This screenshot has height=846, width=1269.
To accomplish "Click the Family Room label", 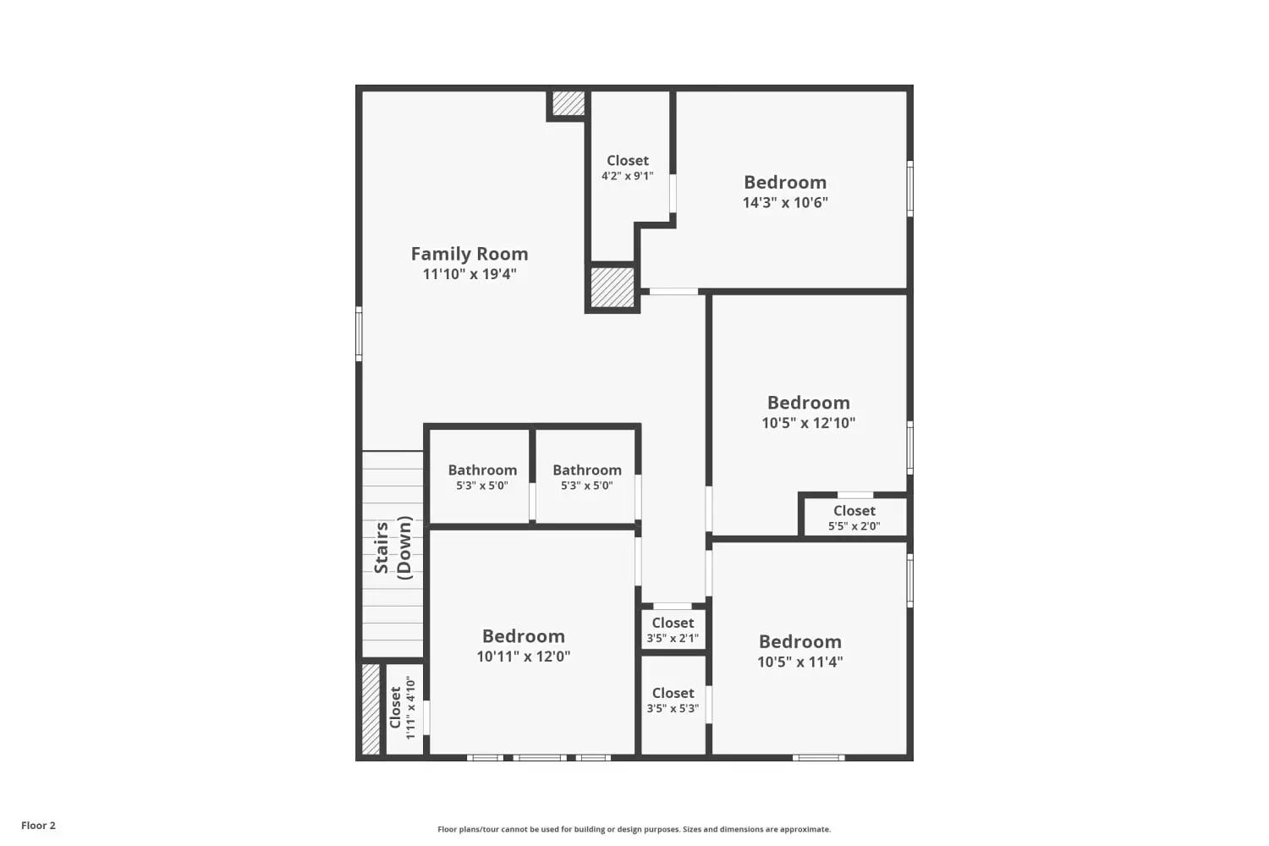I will tap(470, 254).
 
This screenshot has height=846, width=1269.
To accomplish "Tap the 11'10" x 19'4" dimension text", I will tap(470, 274).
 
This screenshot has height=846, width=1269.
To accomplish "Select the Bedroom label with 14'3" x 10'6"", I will tap(785, 182).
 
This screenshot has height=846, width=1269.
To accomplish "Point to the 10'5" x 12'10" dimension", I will tap(808, 423).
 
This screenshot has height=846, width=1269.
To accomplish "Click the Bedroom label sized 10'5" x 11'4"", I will tap(799, 641).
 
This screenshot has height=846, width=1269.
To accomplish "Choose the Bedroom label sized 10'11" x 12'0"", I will tap(523, 636).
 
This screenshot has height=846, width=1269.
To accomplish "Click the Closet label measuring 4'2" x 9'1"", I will tap(628, 161).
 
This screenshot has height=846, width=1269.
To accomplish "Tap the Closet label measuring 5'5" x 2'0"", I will tap(854, 511).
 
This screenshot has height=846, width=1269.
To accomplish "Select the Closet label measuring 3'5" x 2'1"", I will tap(673, 623).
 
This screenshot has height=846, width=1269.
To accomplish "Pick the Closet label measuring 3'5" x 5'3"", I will tap(673, 693).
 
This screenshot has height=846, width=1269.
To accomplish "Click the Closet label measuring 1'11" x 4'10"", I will tap(395, 707).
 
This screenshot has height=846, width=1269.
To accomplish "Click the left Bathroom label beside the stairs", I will tap(482, 470).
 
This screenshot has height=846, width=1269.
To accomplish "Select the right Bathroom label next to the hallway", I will tap(587, 470).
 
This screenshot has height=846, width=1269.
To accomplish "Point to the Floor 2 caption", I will tap(38, 826).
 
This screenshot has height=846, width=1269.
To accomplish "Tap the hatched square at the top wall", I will tap(568, 103).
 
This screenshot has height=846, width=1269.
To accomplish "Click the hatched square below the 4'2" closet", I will tap(612, 287).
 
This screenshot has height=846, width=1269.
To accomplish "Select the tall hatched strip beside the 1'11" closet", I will tap(371, 709).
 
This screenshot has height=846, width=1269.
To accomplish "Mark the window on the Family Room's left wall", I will tap(359, 333).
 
